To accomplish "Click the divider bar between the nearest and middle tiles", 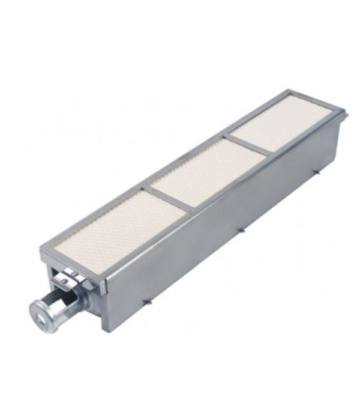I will click(167, 198).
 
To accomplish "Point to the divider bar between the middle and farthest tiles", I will click(248, 147).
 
